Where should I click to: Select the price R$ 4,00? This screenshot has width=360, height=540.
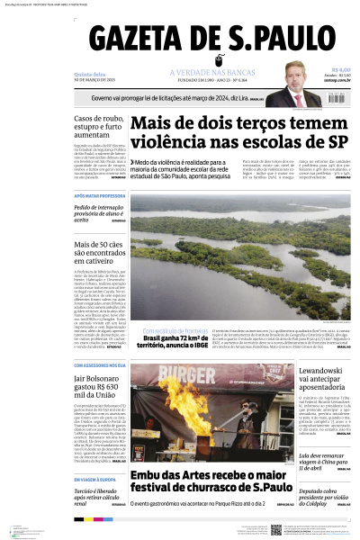pyautogui.click(x=340, y=70)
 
